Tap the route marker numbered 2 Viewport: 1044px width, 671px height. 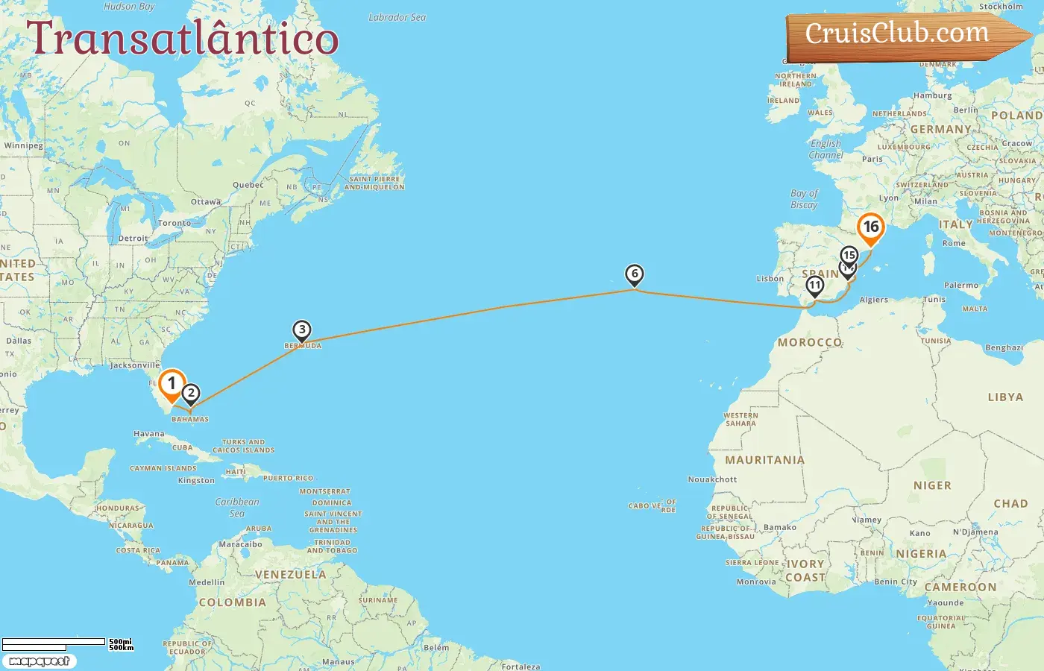pyautogui.click(x=191, y=393)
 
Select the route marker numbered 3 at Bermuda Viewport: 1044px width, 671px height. pyautogui.click(x=301, y=330)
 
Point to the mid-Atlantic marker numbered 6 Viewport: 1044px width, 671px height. pyautogui.click(x=635, y=274)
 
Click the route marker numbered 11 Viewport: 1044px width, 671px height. pyautogui.click(x=815, y=286)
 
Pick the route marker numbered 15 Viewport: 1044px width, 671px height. pyautogui.click(x=849, y=255)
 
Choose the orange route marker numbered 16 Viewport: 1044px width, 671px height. pyautogui.click(x=870, y=227)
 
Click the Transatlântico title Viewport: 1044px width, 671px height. pyautogui.click(x=182, y=39)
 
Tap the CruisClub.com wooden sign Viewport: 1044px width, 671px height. pyautogui.click(x=898, y=34)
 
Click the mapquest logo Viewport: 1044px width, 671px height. pyautogui.click(x=39, y=661)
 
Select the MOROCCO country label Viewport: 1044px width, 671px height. pyautogui.click(x=810, y=342)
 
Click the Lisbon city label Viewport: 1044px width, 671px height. pyautogui.click(x=770, y=279)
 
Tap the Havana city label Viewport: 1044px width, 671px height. pyautogui.click(x=149, y=434)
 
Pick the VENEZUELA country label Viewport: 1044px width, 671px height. pyautogui.click(x=290, y=575)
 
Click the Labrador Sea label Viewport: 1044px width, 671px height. pyautogui.click(x=397, y=17)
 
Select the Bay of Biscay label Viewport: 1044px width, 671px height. pyautogui.click(x=804, y=199)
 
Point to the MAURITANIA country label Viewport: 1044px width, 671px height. pyautogui.click(x=764, y=460)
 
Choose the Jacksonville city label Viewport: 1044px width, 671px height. pyautogui.click(x=135, y=365)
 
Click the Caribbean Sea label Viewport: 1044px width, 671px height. pyautogui.click(x=237, y=507)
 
